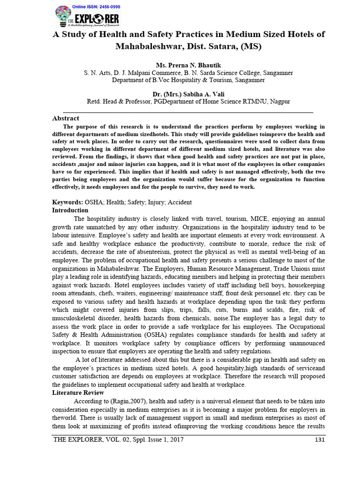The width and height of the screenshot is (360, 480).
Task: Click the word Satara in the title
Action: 221,47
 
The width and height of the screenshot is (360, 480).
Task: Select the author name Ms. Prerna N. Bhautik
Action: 188,65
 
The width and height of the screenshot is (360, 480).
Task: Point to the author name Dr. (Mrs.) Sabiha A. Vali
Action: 188,93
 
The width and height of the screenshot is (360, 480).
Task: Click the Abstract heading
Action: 66,119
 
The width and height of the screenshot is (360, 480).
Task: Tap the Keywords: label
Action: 67,202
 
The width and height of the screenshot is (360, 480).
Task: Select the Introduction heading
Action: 70,210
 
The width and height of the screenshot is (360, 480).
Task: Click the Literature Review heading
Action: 78,392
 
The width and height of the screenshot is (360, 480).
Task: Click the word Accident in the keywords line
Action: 178,202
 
